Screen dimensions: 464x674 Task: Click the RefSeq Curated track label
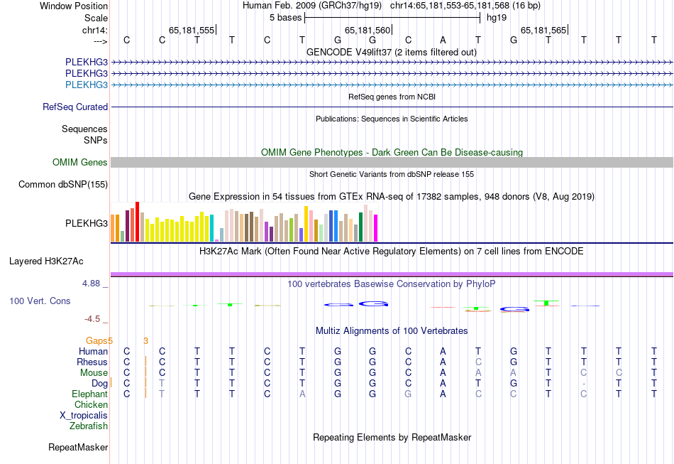click(x=75, y=107)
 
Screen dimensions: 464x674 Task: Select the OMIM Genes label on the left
click(x=80, y=163)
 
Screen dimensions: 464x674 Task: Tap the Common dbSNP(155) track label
click(x=63, y=185)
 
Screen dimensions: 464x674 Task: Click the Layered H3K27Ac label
click(x=46, y=261)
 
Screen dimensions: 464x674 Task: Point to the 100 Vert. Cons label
click(x=40, y=301)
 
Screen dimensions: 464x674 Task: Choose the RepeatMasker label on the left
click(x=78, y=448)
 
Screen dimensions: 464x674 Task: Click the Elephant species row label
click(x=89, y=394)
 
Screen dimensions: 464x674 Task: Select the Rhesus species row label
click(x=92, y=362)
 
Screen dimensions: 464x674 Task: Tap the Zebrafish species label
click(x=89, y=426)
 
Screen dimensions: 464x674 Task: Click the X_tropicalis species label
click(x=84, y=415)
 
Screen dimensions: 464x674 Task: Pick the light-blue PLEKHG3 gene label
click(x=87, y=85)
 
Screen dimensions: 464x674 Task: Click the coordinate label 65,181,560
click(x=368, y=31)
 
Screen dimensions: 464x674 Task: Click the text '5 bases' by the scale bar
click(x=286, y=18)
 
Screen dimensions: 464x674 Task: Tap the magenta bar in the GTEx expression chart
click(x=376, y=227)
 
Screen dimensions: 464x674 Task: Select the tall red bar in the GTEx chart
click(x=137, y=222)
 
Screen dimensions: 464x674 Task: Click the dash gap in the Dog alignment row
click(x=584, y=384)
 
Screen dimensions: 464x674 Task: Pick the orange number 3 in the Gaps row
click(x=145, y=341)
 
